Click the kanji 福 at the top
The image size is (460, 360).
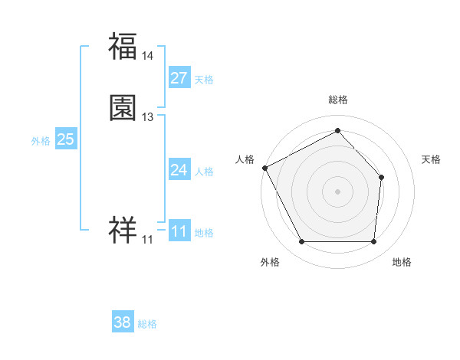click(123, 47)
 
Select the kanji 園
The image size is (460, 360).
click(123, 109)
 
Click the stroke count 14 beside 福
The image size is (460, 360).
click(148, 56)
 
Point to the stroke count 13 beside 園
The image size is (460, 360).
click(148, 117)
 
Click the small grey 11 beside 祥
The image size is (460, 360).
click(147, 240)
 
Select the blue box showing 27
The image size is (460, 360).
click(179, 78)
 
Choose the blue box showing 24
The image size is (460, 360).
click(179, 170)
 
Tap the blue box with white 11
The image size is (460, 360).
click(179, 231)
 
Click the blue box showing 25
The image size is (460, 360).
click(66, 139)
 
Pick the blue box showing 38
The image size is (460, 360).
click(123, 322)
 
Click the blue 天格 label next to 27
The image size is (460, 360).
click(204, 80)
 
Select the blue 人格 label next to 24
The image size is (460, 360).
click(204, 172)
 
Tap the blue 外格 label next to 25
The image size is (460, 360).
click(41, 141)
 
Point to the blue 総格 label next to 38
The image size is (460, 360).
click(147, 324)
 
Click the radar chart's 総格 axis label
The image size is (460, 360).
click(338, 100)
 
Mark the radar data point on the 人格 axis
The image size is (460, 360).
click(264, 167)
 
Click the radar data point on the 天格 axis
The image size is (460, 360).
click(382, 177)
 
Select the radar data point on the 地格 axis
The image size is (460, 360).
click(373, 242)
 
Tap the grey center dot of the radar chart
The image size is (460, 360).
click(337, 191)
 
